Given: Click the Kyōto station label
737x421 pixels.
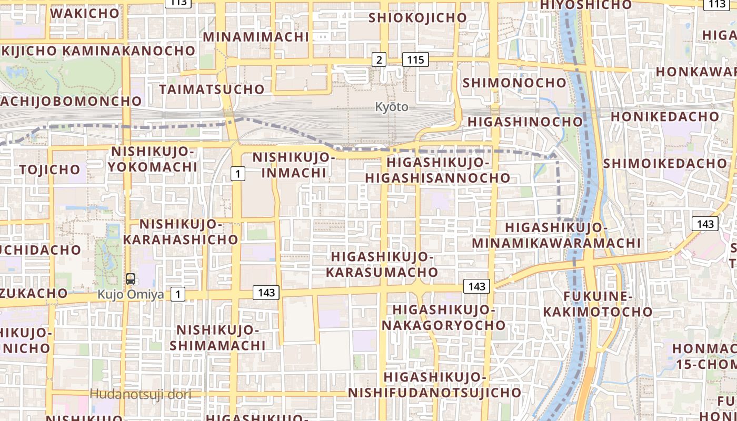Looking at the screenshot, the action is tap(392, 107).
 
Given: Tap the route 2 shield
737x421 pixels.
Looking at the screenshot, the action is tap(379, 59).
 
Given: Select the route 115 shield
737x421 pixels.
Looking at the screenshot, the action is tap(415, 59).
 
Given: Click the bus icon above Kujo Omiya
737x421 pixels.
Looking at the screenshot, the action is tap(131, 279).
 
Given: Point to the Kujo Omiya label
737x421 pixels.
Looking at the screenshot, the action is tap(131, 294).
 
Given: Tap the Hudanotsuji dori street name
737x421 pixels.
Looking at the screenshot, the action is tap(140, 394).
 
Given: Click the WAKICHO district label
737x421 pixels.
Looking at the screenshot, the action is tap(85, 13).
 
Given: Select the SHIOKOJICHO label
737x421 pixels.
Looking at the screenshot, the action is tap(418, 17).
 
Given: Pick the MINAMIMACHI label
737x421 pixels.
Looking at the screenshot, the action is tap(256, 37).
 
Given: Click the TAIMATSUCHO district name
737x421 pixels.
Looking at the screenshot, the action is tap(212, 89).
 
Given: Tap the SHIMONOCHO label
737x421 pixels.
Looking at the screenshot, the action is tap(514, 83).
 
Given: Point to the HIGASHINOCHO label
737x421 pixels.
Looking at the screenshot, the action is tap(525, 122).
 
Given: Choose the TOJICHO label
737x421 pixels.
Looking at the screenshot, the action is tap(50, 169).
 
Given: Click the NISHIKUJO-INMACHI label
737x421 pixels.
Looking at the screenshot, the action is tap(294, 165).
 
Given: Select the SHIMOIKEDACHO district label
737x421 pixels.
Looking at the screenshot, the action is tap(664, 163).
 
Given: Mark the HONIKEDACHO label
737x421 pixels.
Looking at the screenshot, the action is tap(665, 116).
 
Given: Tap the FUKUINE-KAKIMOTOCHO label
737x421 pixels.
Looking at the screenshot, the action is tap(597, 304).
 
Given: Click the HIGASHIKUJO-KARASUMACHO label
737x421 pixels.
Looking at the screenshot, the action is tap(382, 264).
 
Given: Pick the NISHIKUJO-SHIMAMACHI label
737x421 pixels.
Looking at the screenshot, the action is tap(217, 338).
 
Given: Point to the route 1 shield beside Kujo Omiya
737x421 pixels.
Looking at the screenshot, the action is tap(178, 294).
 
